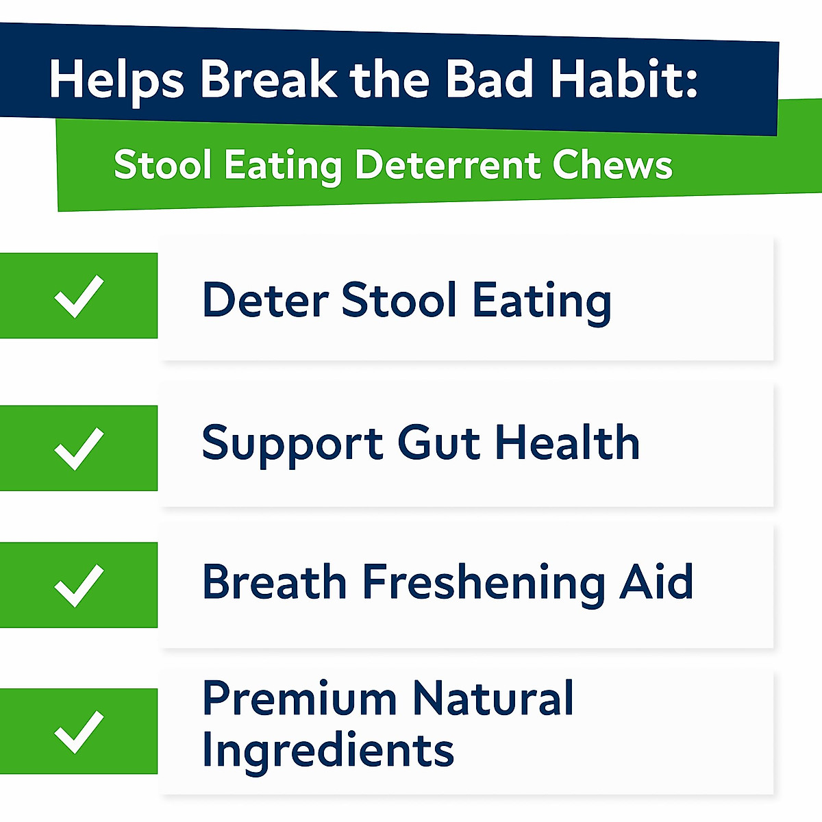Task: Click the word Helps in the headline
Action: click(116, 81)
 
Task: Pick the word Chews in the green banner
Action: click(612, 166)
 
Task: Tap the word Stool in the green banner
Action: click(162, 166)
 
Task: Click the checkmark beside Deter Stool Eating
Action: click(79, 296)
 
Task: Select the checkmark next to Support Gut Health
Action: click(79, 449)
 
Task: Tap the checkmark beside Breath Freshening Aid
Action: click(79, 586)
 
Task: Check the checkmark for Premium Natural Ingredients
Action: click(79, 732)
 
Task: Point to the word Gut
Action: click(438, 443)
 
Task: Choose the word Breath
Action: click(274, 582)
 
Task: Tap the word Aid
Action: click(656, 582)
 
